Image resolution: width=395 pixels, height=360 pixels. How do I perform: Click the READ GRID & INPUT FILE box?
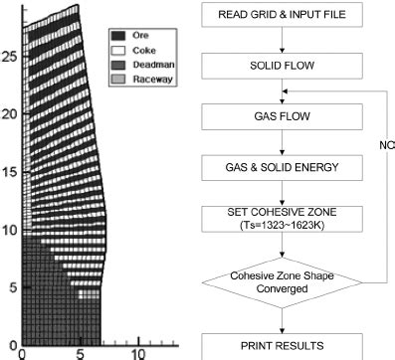283,16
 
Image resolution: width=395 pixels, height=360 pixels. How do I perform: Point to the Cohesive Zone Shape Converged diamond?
283,282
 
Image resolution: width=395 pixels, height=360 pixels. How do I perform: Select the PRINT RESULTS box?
283,346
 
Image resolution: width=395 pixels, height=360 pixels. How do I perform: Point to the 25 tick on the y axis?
8,57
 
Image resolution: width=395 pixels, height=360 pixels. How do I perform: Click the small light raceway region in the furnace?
90,293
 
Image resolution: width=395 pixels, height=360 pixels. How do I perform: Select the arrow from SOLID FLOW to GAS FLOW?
283,90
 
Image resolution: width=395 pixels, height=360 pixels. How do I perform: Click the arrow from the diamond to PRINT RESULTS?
283,320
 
